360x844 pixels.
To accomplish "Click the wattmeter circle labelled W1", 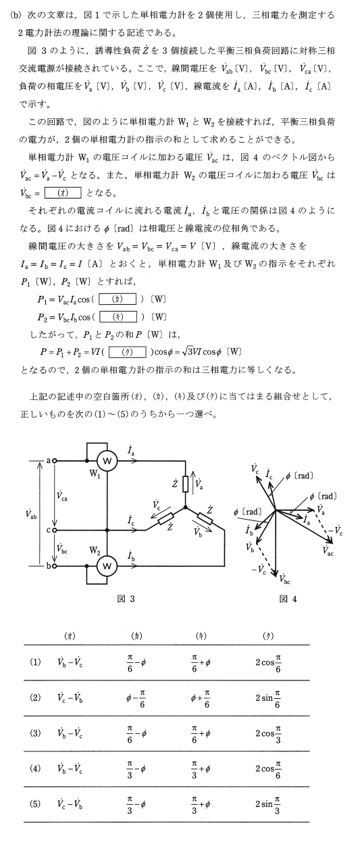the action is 107,461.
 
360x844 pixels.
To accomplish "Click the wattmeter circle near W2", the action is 107,566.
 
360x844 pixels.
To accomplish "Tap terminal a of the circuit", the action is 55,461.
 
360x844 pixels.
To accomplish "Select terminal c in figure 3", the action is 55,530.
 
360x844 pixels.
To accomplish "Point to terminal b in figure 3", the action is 55,566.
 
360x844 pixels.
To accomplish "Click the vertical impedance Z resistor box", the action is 185,485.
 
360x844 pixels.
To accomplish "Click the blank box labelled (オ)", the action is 63,193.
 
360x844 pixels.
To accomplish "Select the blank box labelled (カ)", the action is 118,299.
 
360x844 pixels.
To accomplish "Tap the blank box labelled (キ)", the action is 118,317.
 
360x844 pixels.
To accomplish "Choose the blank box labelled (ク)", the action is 128,352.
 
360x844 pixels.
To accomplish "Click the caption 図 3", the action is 126,599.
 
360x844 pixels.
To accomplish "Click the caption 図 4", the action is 288,599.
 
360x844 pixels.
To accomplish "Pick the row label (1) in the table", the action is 35,662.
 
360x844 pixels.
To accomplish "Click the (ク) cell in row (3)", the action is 268,733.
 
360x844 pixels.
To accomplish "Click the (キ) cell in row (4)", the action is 201,768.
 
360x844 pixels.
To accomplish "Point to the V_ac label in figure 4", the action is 328,551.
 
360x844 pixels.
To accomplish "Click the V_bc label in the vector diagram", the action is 284,580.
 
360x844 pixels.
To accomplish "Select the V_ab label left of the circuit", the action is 31,514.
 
